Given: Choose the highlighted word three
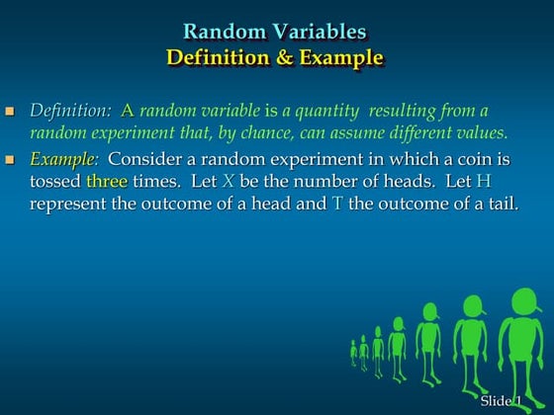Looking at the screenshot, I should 107,181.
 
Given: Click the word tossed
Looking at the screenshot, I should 55,181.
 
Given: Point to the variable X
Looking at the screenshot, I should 230,181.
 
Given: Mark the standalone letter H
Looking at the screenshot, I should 483,181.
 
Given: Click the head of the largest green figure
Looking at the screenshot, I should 521,302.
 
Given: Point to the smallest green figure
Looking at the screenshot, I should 353,351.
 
